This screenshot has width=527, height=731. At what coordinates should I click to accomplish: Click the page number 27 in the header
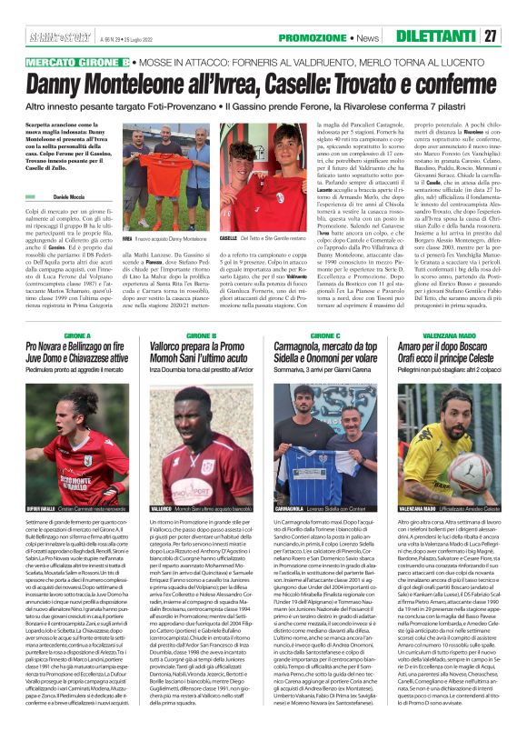pyautogui.click(x=514, y=35)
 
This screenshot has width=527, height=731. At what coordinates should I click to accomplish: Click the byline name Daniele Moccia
pyautogui.click(x=60, y=196)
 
